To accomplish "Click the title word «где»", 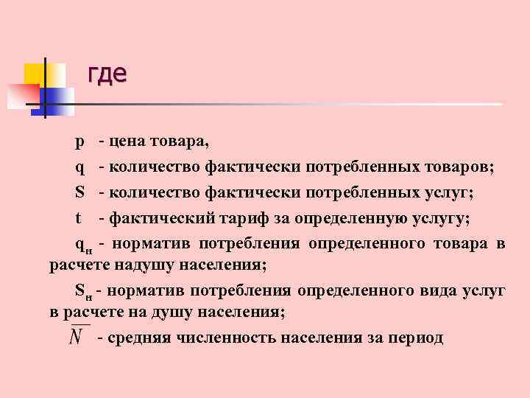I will tap(107, 74).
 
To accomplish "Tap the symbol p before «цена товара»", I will tap(79, 142).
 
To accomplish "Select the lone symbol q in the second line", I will tap(79, 168).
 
